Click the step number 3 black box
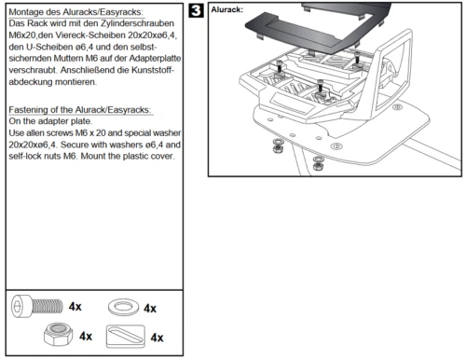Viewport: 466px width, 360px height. tap(196, 10)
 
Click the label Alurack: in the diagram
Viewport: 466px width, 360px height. tap(226, 9)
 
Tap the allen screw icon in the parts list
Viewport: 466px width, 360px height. tap(36, 306)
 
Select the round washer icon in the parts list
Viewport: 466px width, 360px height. tap(123, 307)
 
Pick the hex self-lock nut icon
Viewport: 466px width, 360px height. tap(59, 334)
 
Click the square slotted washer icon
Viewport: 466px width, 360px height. tap(126, 337)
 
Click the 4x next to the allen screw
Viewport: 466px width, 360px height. tap(75, 307)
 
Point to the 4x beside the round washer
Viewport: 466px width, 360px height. tap(150, 309)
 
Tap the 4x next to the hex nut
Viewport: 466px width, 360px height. tap(86, 336)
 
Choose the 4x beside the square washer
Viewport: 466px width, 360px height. tap(157, 338)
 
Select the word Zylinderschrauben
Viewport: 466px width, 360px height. tap(137, 23)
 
